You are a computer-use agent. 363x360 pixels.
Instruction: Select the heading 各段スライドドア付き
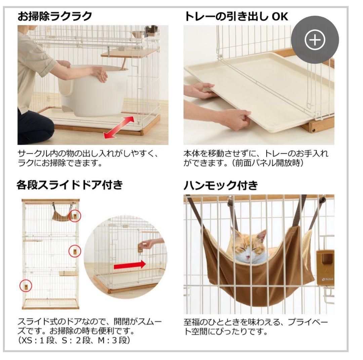(69, 185)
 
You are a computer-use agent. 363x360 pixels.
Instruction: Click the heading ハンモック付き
(220, 185)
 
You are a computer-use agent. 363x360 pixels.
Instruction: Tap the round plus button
(315, 40)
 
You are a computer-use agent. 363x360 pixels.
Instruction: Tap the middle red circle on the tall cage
(75, 251)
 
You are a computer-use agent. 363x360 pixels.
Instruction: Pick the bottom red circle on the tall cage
(26, 286)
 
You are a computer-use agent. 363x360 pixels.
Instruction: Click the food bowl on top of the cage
(138, 34)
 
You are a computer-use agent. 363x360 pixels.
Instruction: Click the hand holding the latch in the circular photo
(147, 244)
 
